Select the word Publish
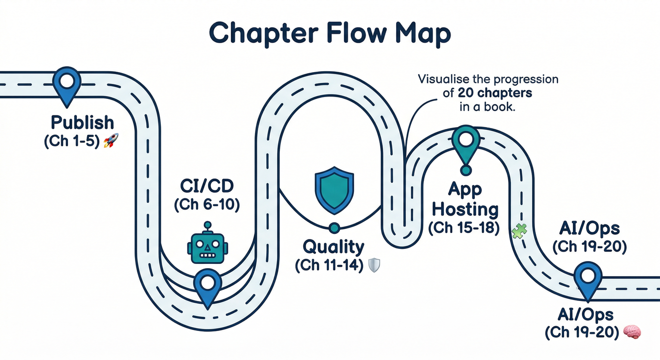click(x=82, y=123)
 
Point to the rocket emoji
click(x=110, y=140)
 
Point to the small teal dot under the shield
click(x=334, y=228)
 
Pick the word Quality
click(x=333, y=247)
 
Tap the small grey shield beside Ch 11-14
click(x=374, y=265)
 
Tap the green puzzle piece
click(x=519, y=231)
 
